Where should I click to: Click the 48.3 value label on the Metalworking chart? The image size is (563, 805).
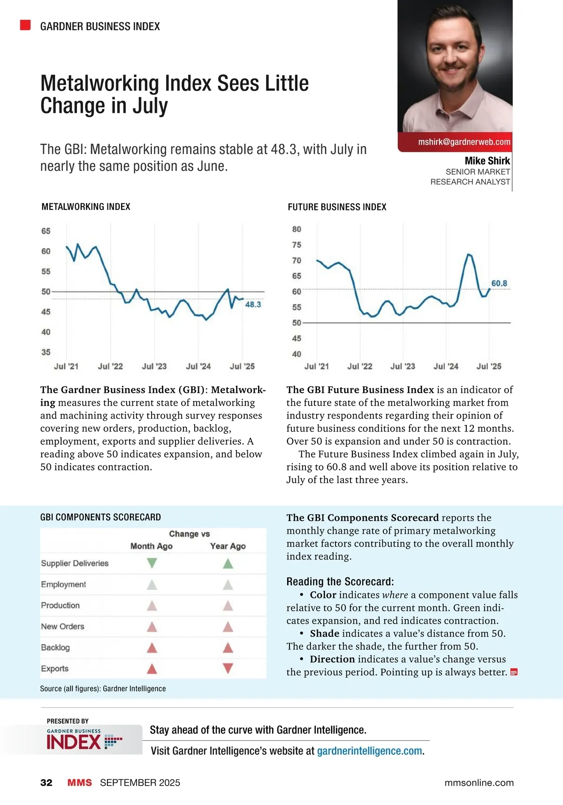pos(253,304)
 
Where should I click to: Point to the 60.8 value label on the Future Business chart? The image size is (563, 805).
pos(499,283)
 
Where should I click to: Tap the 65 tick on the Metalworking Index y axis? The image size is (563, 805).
pos(46,231)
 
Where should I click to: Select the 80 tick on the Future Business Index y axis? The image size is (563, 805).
pos(297,229)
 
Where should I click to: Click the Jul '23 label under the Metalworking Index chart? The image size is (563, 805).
pos(154,366)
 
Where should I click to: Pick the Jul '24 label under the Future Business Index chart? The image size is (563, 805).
pos(446,366)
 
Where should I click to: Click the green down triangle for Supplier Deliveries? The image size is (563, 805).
pos(152,563)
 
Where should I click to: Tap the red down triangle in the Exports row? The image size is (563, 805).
pos(228,668)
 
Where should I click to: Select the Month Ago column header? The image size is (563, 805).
pos(152,546)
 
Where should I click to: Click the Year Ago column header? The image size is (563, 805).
pos(228,546)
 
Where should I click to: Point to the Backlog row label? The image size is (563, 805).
pos(55,648)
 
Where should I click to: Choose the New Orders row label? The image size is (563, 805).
pos(62,627)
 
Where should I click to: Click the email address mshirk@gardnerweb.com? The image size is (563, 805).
pos(464,142)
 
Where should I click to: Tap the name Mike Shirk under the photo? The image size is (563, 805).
pos(487,161)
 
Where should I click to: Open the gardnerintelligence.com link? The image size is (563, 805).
pos(370,751)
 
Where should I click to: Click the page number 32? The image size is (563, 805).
pos(46,782)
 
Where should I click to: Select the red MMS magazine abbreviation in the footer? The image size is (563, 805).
pos(80,782)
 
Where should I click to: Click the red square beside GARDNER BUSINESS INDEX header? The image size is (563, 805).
pos(25,25)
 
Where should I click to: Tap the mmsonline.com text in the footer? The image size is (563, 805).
pos(479,782)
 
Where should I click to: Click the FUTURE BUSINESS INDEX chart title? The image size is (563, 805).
pos(337,207)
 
